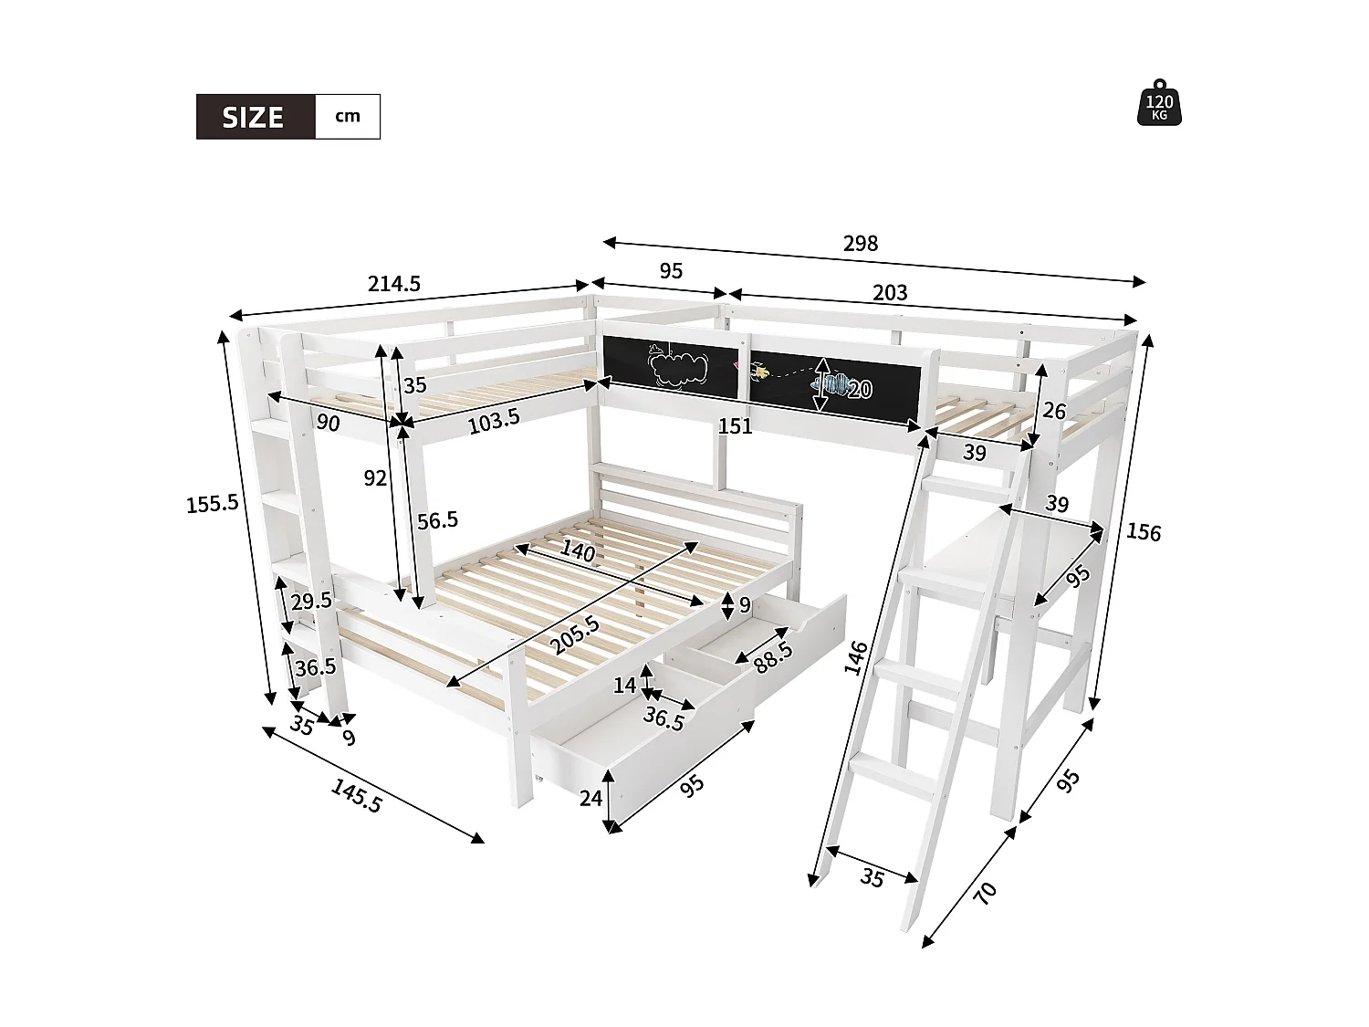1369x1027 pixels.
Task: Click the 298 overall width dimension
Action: click(860, 243)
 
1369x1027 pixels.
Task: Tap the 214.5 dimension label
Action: click(394, 284)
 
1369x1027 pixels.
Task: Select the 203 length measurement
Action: click(890, 292)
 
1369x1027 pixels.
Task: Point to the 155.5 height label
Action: click(213, 502)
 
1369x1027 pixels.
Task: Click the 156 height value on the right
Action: click(1143, 531)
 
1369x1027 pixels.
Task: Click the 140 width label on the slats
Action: click(578, 551)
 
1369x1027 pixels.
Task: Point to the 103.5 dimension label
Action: click(493, 418)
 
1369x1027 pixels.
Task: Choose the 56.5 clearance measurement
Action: click(437, 520)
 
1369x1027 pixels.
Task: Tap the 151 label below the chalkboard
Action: click(735, 425)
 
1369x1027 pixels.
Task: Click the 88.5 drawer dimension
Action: click(773, 655)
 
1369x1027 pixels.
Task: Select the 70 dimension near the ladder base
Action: click(985, 892)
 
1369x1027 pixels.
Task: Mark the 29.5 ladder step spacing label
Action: click(311, 601)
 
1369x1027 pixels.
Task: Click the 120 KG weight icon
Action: click(1159, 102)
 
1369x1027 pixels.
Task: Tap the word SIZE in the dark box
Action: click(254, 118)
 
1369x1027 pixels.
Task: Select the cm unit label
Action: click(347, 116)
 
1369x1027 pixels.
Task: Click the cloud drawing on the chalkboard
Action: click(679, 368)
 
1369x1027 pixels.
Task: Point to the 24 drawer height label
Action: click(590, 798)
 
